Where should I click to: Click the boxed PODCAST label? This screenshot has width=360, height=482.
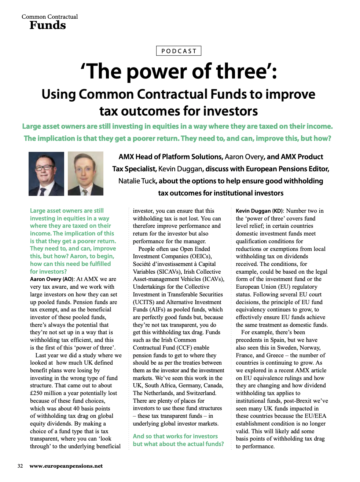pos(179,51)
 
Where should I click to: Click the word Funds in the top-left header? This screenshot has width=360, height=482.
pos(48,25)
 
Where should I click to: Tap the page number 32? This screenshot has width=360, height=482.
pos(20,466)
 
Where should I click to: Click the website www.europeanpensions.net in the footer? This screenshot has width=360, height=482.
pos(66,466)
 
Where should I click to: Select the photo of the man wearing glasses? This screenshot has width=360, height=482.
pos(46,174)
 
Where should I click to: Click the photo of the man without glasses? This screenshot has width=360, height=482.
pos(85,174)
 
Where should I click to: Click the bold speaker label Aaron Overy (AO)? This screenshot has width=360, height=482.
pos(52,279)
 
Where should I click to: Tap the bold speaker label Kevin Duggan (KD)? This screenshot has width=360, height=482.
pos(259,211)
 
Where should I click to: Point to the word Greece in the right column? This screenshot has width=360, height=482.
pos(275,355)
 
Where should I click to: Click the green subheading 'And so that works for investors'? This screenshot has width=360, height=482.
pos(175,436)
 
